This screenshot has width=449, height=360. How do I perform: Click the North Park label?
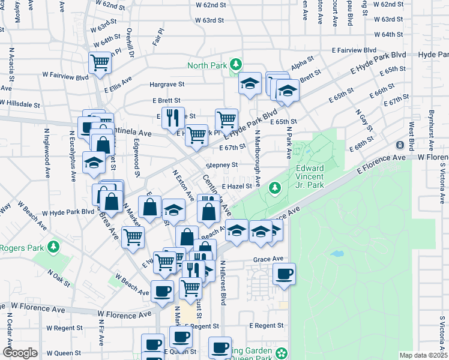[x=208, y=65]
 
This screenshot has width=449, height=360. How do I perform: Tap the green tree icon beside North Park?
[x=237, y=64]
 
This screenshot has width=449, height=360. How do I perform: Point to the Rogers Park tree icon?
[x=53, y=246]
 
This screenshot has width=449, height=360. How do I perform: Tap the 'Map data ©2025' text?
[x=423, y=355]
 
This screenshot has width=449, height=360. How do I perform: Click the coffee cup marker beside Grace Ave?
[x=284, y=274]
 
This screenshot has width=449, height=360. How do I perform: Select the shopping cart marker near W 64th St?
[x=100, y=62]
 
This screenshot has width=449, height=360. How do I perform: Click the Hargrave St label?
[x=167, y=85]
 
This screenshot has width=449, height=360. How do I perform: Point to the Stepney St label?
[x=221, y=164]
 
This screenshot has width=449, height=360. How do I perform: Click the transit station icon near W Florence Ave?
[x=400, y=145]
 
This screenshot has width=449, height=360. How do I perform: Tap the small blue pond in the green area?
[x=337, y=254]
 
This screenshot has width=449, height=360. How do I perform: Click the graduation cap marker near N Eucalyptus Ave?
[x=94, y=162]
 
